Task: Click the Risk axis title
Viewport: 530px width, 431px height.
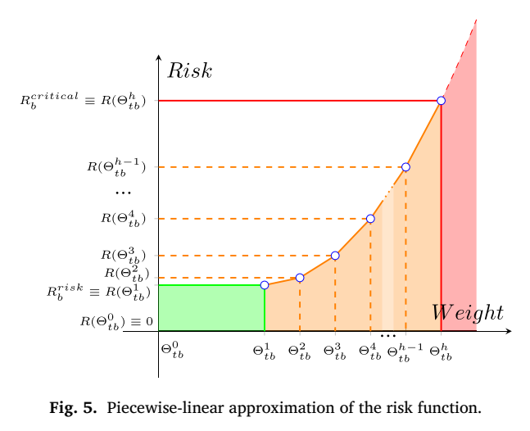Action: tap(190, 71)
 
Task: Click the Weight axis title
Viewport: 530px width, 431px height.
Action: tap(468, 313)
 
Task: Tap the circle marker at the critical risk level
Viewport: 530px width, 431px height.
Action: tap(441, 101)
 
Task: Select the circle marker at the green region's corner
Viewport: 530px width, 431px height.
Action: tap(265, 285)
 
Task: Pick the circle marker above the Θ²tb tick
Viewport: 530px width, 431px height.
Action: tap(300, 278)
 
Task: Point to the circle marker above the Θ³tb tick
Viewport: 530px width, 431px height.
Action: tap(335, 256)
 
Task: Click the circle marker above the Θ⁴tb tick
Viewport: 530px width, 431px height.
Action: tap(370, 219)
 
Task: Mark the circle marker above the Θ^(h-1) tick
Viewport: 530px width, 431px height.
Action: tap(405, 167)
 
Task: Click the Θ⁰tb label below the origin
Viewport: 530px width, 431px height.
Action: tap(172, 350)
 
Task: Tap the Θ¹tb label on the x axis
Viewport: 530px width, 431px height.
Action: tap(264, 352)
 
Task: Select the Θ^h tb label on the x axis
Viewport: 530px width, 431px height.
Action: tap(441, 352)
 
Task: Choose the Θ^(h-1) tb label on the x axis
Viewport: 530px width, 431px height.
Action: tap(405, 353)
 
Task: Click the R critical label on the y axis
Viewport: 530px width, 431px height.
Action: tap(84, 101)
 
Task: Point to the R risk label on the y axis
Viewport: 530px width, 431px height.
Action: tap(98, 292)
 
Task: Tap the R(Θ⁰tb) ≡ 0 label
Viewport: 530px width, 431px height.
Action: tap(116, 322)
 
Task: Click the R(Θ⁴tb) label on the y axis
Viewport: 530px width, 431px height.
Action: tap(124, 219)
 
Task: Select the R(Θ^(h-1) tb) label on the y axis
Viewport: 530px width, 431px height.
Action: tap(116, 167)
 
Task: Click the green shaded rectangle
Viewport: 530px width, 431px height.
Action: tap(211, 308)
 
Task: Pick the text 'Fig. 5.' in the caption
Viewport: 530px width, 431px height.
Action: tap(73, 408)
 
